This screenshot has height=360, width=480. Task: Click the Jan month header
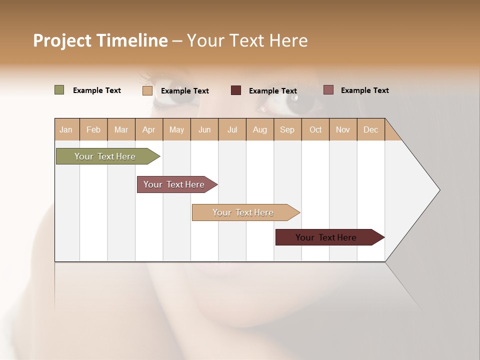66,129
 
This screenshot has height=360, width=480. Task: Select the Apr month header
149,129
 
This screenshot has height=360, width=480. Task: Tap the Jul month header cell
232,129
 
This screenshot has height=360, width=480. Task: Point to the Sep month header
287,129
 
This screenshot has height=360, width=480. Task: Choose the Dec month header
370,129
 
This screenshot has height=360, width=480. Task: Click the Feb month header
93,129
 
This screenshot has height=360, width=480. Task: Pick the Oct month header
315,129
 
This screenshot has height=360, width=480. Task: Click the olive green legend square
59,90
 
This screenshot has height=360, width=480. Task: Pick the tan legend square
147,90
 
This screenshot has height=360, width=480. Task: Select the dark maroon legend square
236,90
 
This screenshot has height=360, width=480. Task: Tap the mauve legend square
328,90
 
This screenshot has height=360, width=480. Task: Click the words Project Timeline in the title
100,40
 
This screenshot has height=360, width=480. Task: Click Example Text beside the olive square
97,90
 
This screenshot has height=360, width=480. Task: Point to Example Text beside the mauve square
364,90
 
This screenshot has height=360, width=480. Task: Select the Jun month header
204,129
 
